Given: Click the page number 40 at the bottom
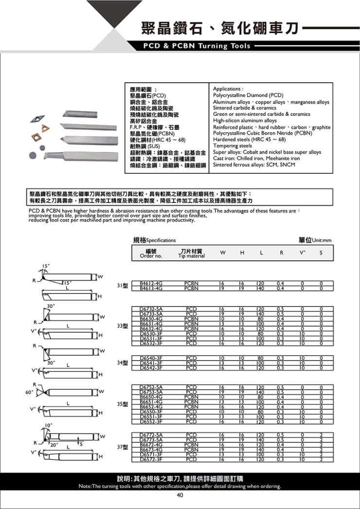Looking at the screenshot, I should click(x=180, y=495).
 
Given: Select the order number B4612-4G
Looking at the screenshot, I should click(x=151, y=283).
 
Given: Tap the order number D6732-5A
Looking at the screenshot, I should click(x=151, y=309).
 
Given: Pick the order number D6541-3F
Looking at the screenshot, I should click(x=151, y=363).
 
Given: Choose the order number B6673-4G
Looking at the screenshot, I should click(x=151, y=450).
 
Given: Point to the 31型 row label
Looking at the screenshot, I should click(x=122, y=285).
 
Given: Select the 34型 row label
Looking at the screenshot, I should click(x=122, y=363).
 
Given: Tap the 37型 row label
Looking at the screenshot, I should click(x=122, y=447).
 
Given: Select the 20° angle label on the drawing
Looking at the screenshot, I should click(x=53, y=444).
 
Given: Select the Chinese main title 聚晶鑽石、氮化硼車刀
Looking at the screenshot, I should click(x=218, y=29).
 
